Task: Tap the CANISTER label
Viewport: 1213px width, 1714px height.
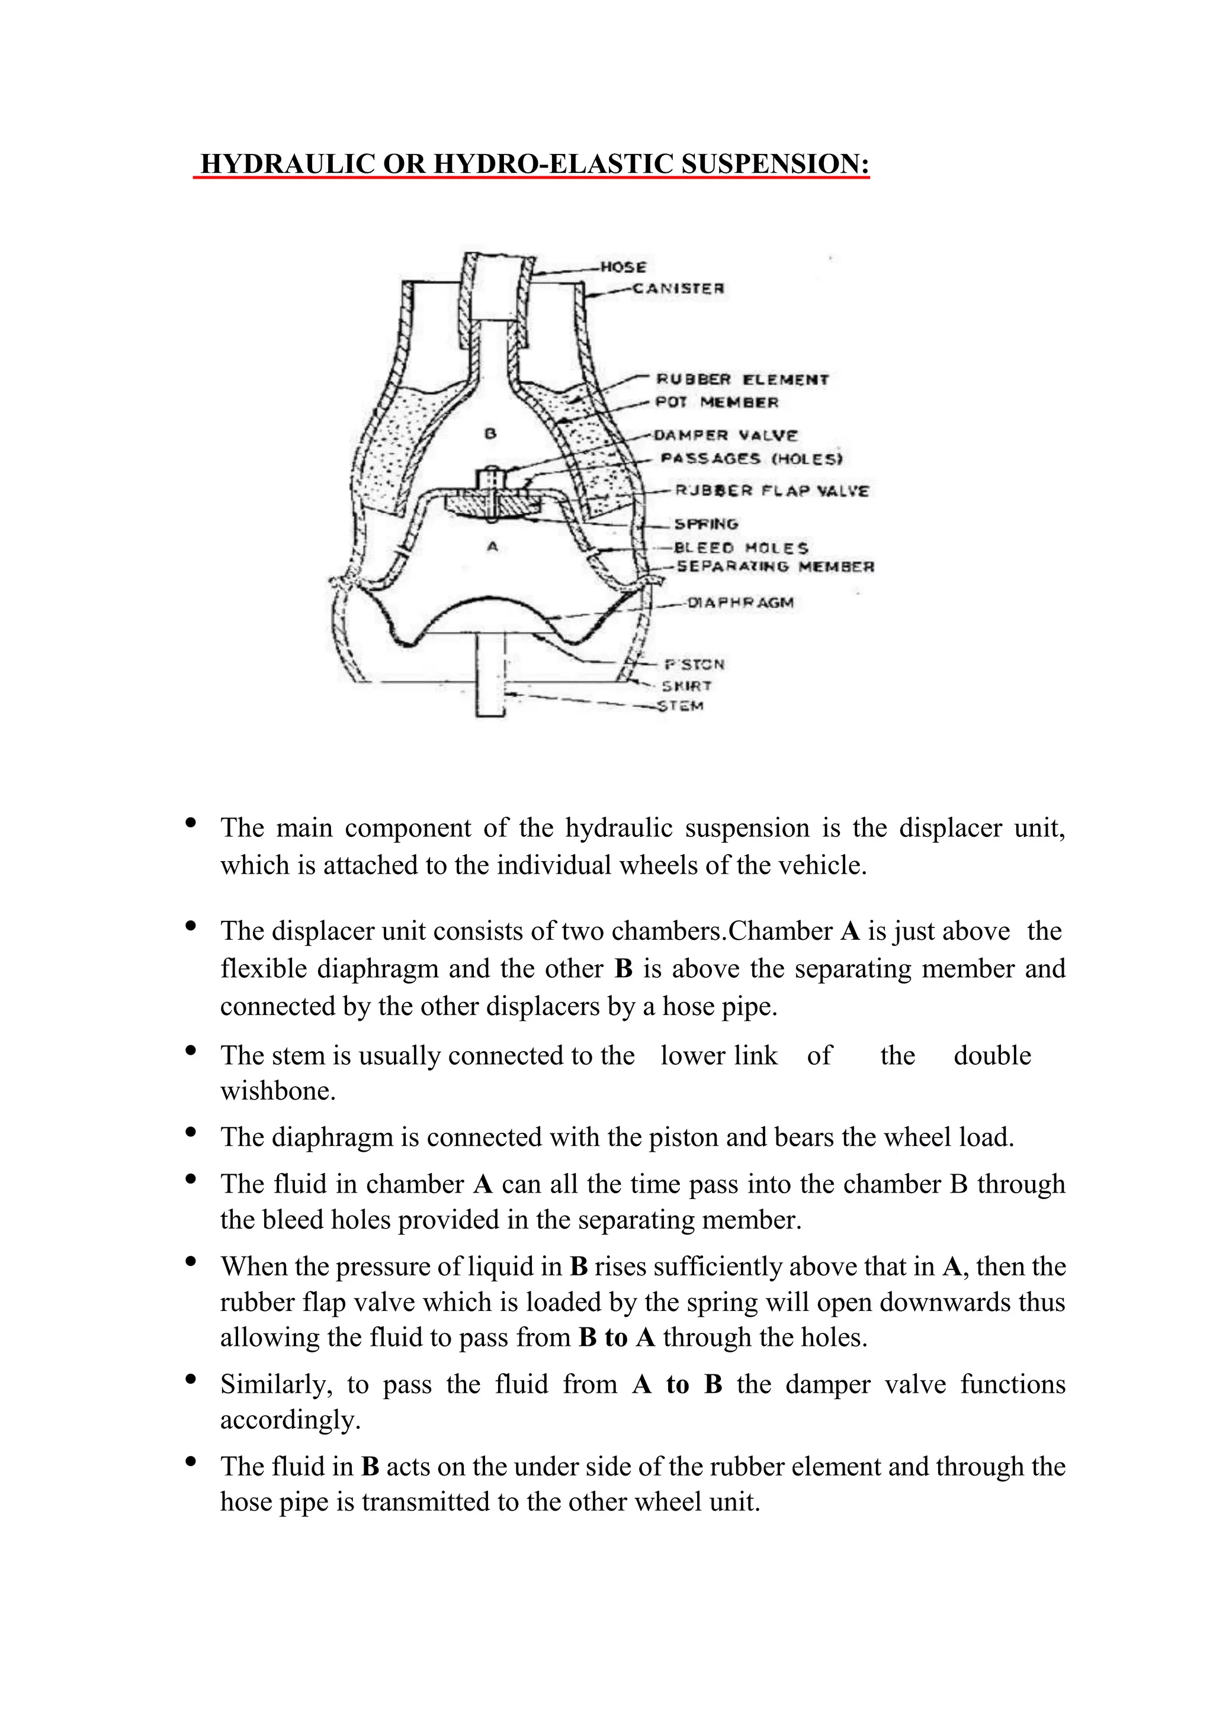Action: click(x=678, y=288)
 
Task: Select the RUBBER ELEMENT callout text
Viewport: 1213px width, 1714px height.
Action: click(x=743, y=379)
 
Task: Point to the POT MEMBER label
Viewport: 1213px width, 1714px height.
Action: click(x=717, y=402)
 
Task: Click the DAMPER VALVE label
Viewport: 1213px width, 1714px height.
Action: click(x=726, y=435)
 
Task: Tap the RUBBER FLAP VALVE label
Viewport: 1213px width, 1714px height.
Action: click(x=772, y=491)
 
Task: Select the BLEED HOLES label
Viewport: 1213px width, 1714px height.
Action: click(x=741, y=548)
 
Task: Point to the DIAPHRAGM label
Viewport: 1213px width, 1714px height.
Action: click(x=739, y=603)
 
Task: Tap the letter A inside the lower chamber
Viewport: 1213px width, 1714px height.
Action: click(x=492, y=547)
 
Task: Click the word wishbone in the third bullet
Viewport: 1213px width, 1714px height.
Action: click(x=278, y=1091)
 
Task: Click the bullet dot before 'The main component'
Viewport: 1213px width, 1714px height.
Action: click(x=191, y=823)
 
